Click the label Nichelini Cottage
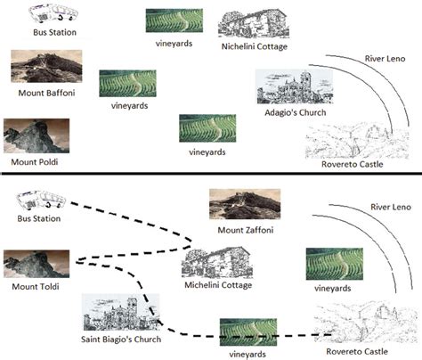click(254, 46)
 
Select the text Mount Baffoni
click(47, 92)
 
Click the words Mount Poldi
click(37, 161)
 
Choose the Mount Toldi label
click(35, 287)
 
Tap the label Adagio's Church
click(296, 113)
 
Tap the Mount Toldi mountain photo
click(36, 264)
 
